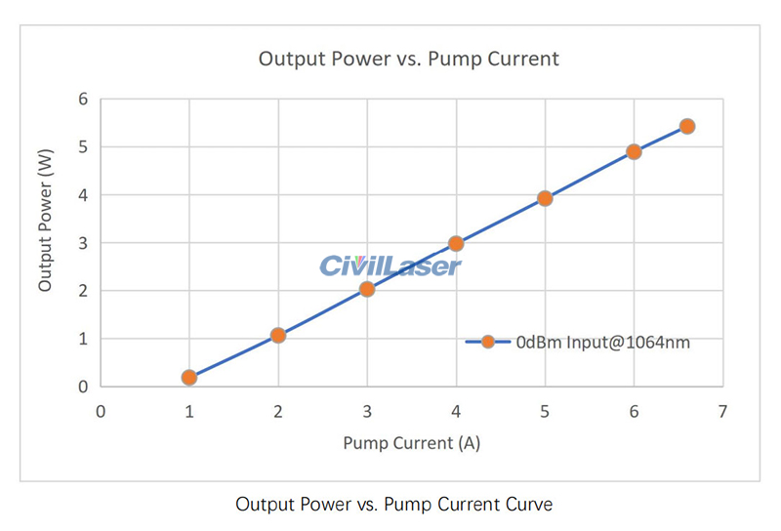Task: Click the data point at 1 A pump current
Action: tap(189, 378)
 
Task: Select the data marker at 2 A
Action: tap(278, 335)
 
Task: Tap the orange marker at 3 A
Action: tap(367, 289)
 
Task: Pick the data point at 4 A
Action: tap(456, 243)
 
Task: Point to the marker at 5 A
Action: tap(545, 198)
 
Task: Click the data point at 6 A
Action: tap(634, 151)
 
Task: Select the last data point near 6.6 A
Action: tap(687, 126)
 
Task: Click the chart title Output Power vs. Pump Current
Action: tap(408, 59)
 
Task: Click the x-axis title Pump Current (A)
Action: tap(411, 443)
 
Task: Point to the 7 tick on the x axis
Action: tap(722, 412)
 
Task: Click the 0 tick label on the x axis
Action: tap(101, 412)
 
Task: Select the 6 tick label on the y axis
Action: tap(83, 99)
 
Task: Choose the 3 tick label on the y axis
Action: tap(83, 243)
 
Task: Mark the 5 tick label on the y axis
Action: tap(83, 146)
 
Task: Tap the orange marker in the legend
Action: tap(488, 342)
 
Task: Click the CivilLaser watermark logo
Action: tap(390, 265)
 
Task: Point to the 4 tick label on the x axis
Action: tap(456, 412)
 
